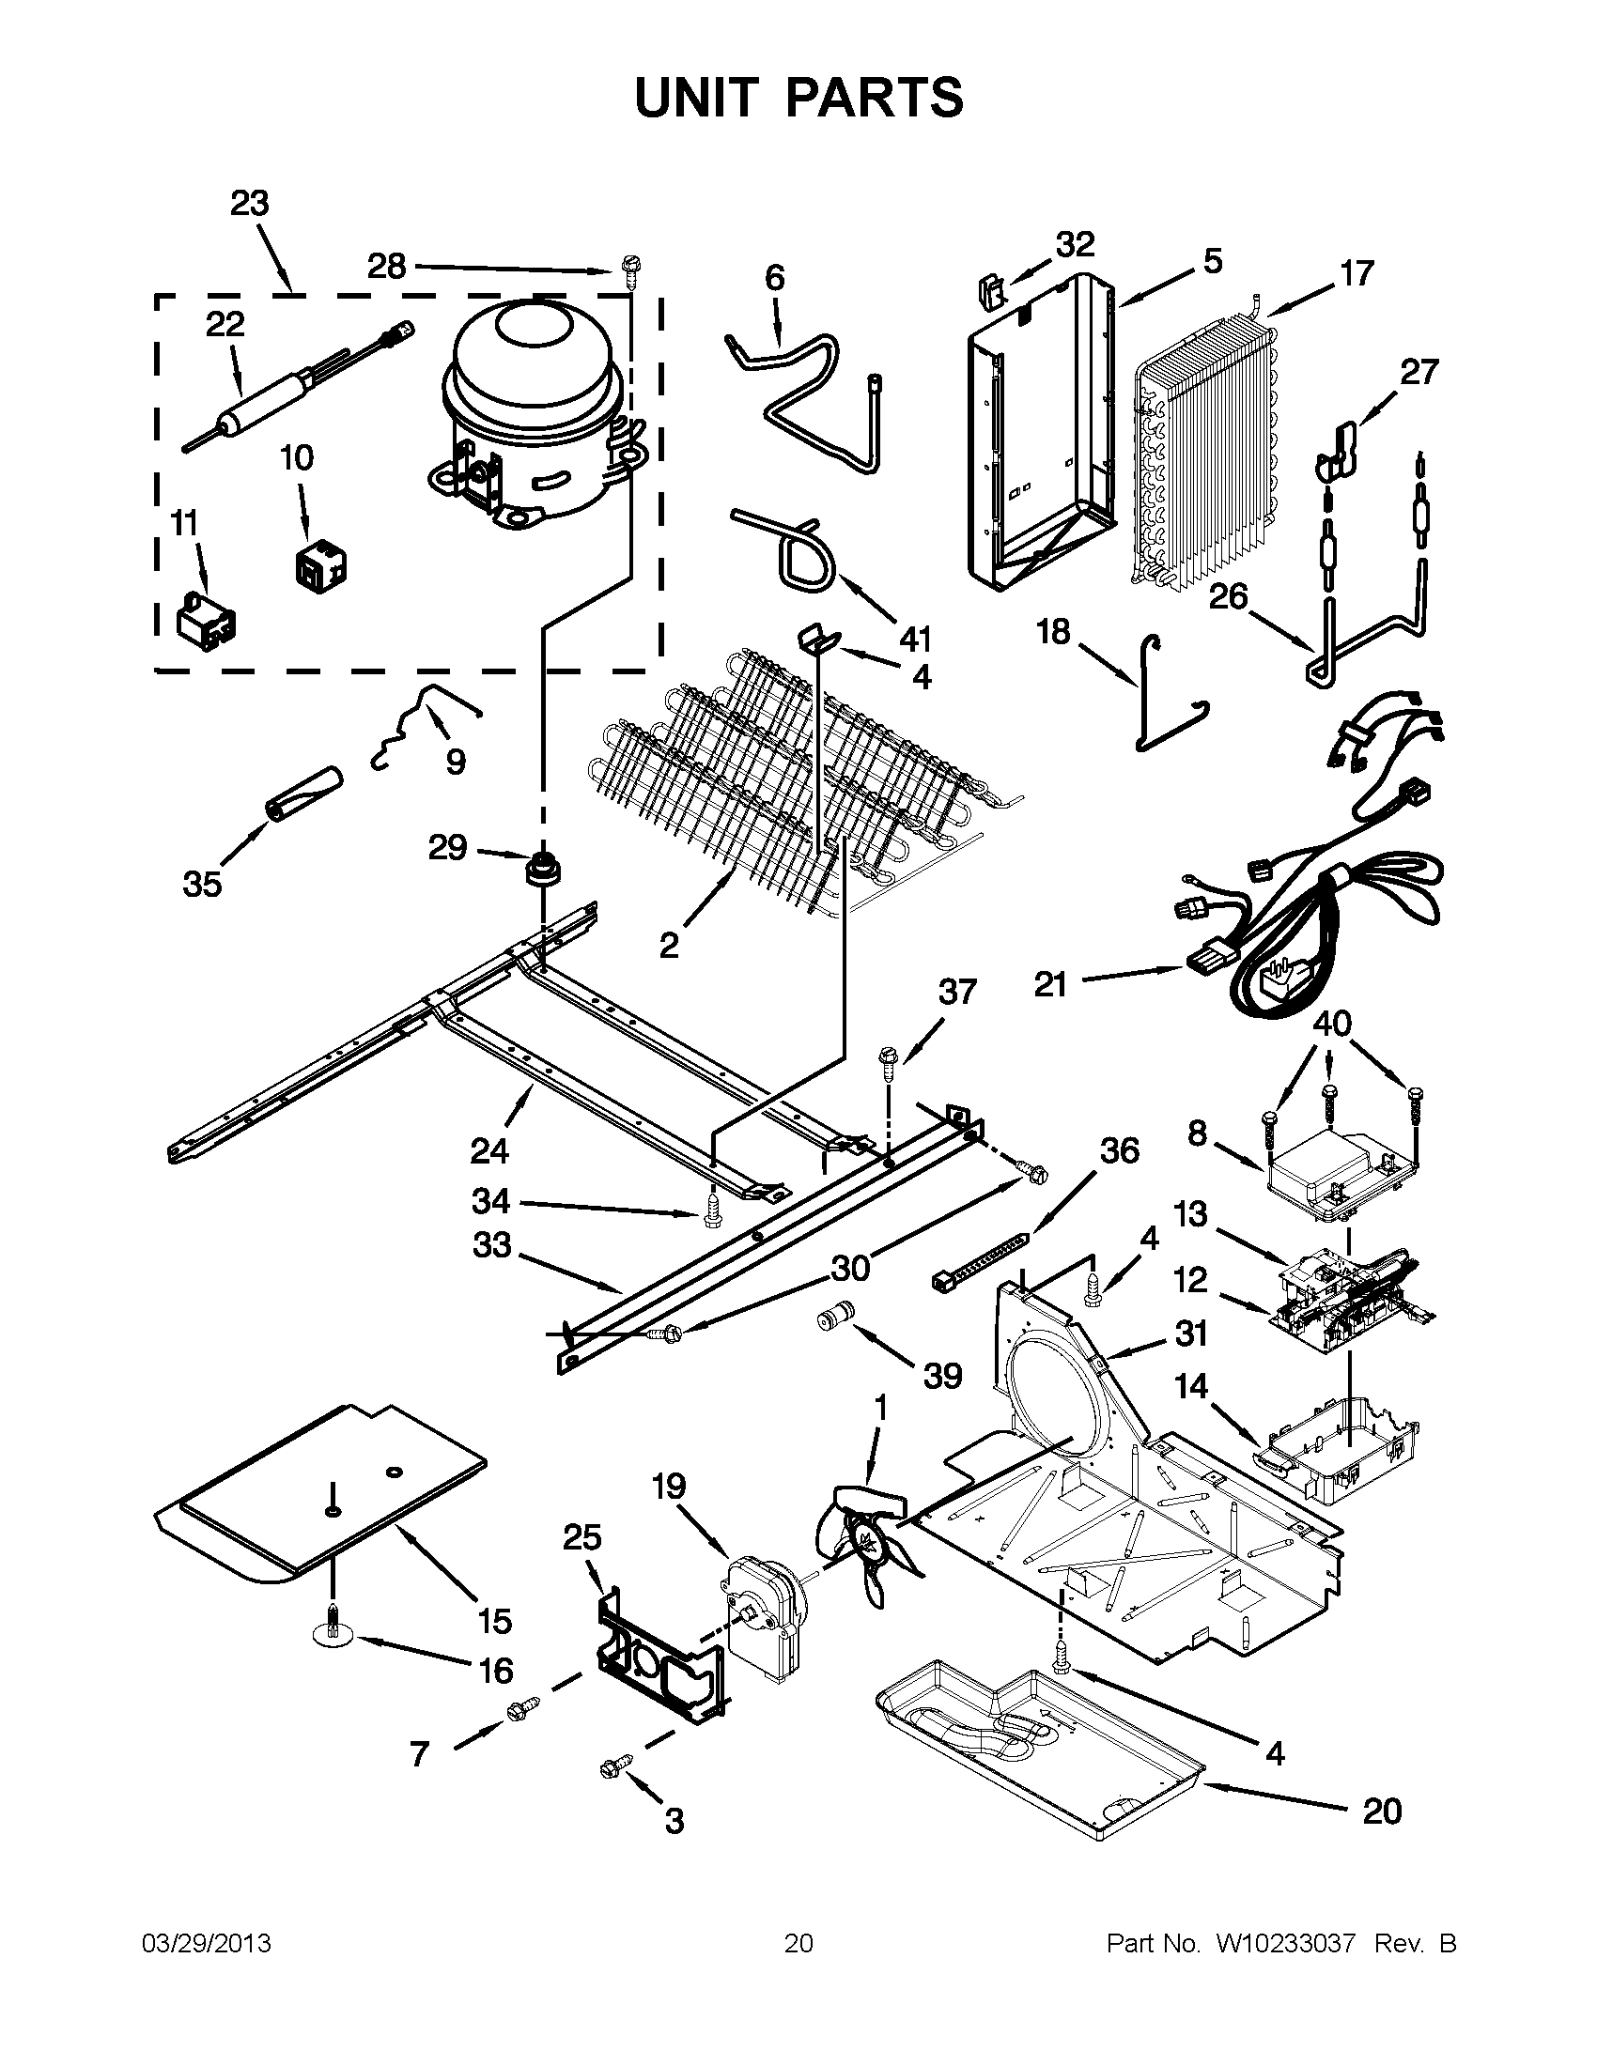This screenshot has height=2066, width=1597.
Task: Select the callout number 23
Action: [x=250, y=204]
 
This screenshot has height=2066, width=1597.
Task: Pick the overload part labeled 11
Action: [x=207, y=620]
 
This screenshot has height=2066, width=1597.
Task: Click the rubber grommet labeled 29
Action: [x=543, y=868]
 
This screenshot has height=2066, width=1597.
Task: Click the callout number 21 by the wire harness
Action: [x=1050, y=985]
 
